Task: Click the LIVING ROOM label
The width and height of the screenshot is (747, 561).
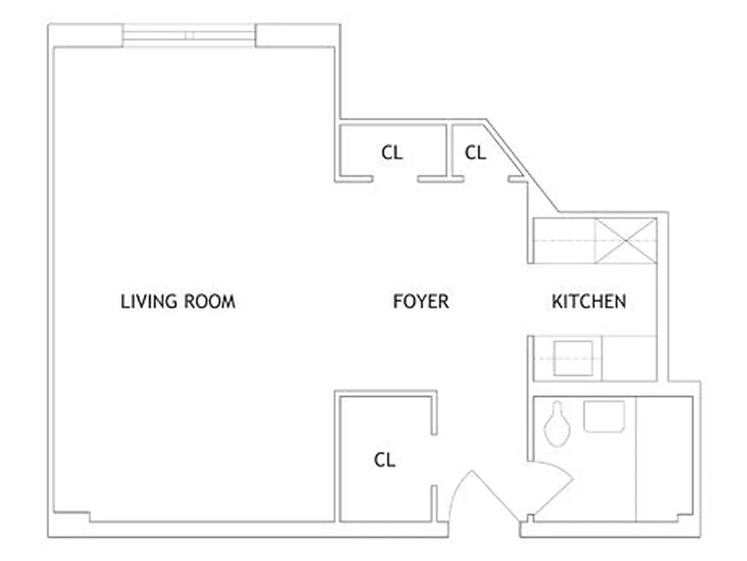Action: coord(178,302)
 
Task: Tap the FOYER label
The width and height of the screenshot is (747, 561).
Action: coord(420,302)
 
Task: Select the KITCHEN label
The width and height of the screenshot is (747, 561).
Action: coord(589,302)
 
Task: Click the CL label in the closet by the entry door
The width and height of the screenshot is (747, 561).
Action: coord(385,460)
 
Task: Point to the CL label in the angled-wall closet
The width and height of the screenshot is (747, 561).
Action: coord(475,152)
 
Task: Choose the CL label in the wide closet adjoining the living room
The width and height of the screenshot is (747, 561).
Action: coord(392,152)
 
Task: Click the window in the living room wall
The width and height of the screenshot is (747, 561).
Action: coord(189,36)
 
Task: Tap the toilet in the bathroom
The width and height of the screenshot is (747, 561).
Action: coord(558,424)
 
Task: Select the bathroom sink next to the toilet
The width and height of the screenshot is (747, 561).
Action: coord(603,416)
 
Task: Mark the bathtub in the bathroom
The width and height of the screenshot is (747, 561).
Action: coord(663,459)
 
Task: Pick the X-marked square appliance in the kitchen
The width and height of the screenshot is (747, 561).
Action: coord(626,241)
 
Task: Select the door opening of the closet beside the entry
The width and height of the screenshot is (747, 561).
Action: coord(434,459)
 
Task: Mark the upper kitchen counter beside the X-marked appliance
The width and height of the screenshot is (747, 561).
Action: coord(564,241)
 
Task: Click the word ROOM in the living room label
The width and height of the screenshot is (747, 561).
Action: coord(210,302)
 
